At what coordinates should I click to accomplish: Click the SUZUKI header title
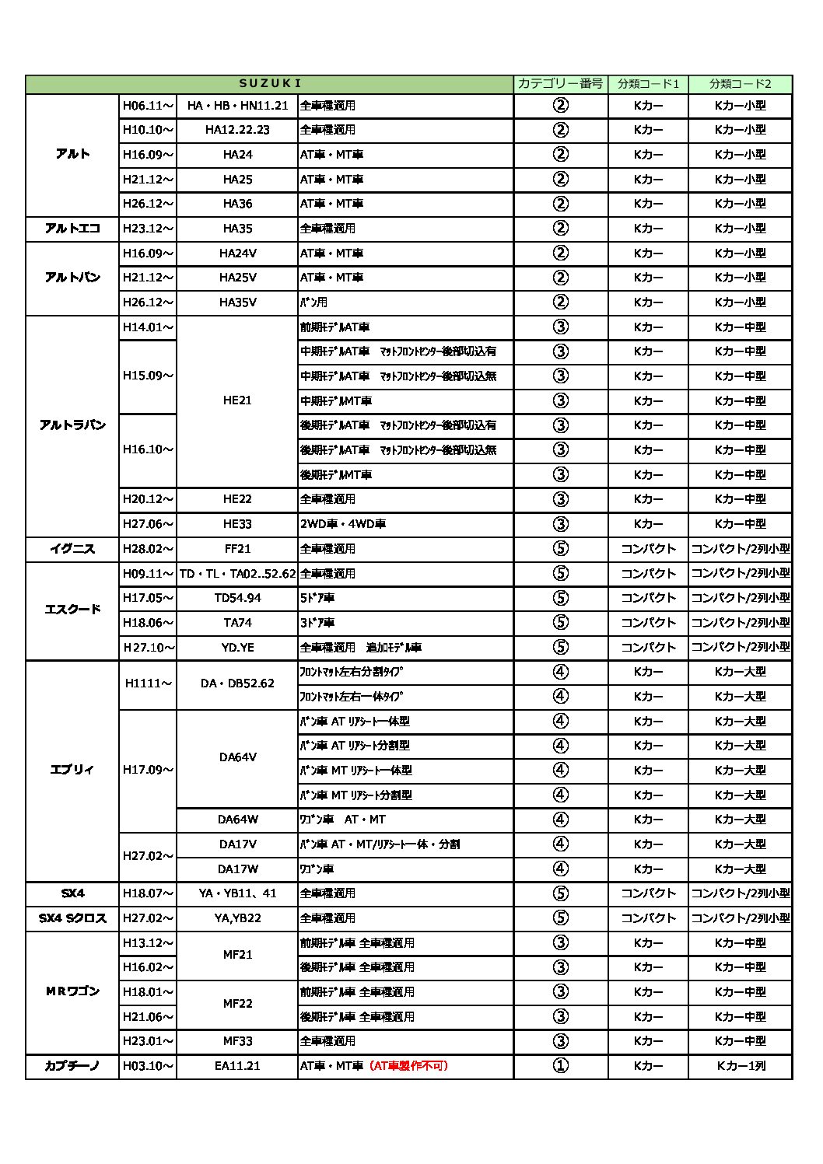tap(270, 84)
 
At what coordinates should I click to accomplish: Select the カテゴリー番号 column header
tap(560, 84)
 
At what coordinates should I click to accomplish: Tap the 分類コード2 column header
tap(740, 84)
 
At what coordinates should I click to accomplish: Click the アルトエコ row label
tap(72, 229)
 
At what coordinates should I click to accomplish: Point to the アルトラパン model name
tap(72, 425)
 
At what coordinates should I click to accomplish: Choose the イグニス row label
tap(72, 549)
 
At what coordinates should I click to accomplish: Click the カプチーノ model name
tap(72, 1066)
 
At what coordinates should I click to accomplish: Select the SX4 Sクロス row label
tap(72, 918)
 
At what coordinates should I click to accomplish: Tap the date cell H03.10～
tap(148, 1066)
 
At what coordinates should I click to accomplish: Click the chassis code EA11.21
tap(237, 1066)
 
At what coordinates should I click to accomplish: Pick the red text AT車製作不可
tap(409, 1066)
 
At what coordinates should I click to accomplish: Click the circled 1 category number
tap(560, 1066)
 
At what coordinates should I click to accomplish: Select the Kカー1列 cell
tap(740, 1066)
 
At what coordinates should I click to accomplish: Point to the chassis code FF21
tap(237, 549)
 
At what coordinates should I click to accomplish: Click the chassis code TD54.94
tap(237, 598)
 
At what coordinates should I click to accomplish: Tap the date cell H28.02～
tap(148, 549)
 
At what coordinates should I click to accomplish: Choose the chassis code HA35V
tap(237, 302)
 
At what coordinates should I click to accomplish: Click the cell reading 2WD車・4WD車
tap(343, 524)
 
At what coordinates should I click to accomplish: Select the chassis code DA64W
tap(237, 820)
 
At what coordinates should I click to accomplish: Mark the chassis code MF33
tap(237, 1041)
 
